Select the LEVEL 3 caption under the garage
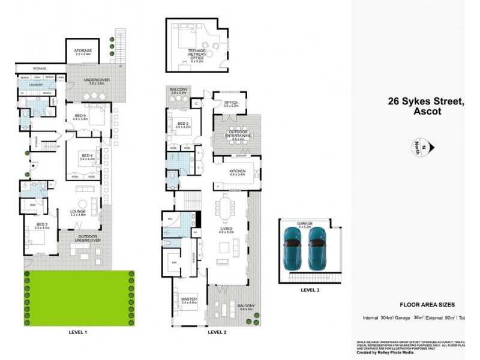(310, 291)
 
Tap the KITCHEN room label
(238, 172)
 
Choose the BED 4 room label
(88, 156)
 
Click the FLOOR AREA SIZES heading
(427, 305)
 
